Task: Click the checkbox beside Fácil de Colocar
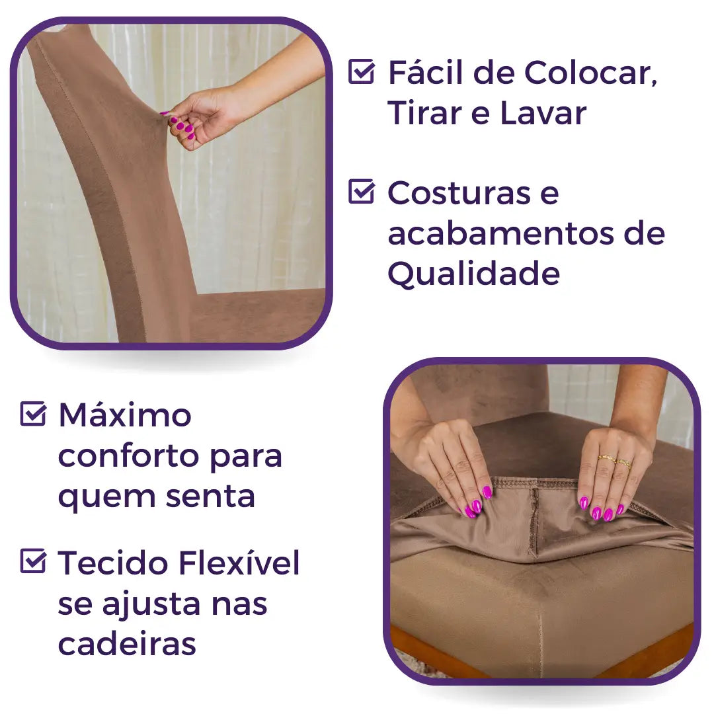[361, 71]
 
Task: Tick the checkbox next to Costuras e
[361, 192]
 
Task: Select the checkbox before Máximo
[33, 414]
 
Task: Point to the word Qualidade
[473, 273]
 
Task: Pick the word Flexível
[238, 563]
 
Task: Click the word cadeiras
[127, 644]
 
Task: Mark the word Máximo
[125, 415]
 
